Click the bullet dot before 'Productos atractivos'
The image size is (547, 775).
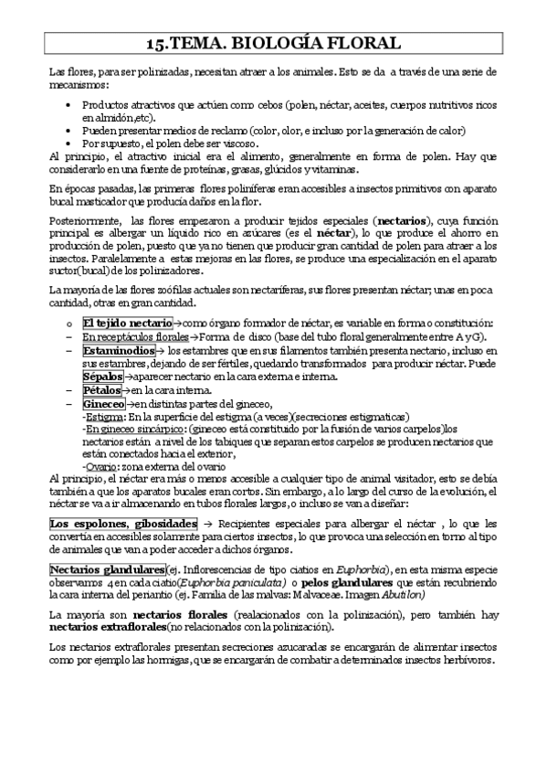70,105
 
